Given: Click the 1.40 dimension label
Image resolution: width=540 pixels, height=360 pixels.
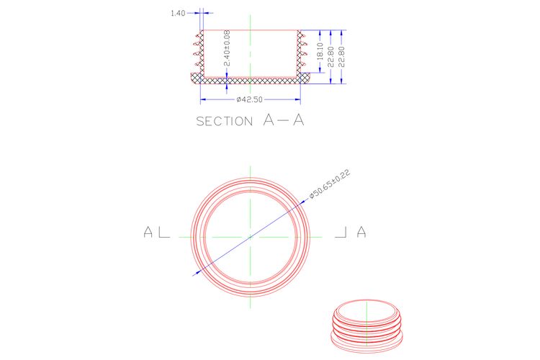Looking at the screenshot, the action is (x=178, y=13).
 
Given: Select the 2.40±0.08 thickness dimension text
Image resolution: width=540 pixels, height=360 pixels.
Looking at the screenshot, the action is (x=227, y=48).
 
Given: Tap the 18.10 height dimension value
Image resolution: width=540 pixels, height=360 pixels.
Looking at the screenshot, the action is (x=320, y=51).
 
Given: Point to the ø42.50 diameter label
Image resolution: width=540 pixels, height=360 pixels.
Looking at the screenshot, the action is (x=249, y=99).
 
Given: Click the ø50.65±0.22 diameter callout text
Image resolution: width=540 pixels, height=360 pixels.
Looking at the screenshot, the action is (x=330, y=184).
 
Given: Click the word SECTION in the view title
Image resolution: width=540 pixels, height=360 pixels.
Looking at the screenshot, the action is (x=225, y=121).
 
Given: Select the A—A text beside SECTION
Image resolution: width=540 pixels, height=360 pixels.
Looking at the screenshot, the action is (x=284, y=120).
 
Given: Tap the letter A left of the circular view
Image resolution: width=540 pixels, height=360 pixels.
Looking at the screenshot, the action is (x=148, y=232).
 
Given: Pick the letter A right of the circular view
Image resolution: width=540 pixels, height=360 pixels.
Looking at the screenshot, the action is (x=361, y=232).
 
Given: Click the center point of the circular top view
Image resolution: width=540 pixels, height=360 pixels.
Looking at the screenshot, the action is (x=251, y=237).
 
